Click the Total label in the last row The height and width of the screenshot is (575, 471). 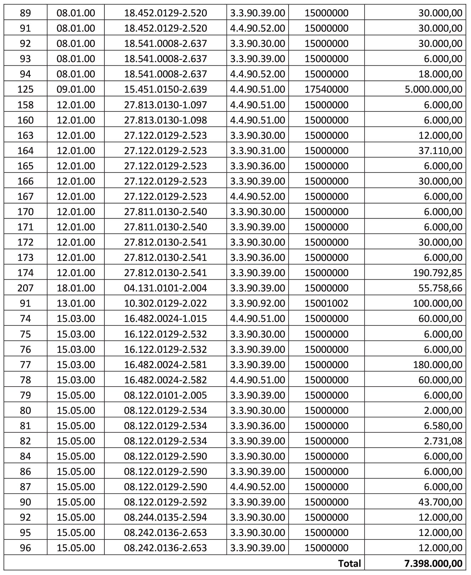349,563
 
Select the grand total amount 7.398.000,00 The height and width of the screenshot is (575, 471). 433,563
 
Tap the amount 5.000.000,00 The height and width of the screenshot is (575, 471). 433,89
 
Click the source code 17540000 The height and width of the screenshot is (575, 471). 326,89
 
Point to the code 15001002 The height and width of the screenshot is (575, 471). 326,303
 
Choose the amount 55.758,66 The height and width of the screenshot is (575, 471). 440,288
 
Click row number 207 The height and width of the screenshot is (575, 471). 25,288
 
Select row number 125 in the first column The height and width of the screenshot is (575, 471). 25,89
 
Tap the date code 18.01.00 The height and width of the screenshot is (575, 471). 76,288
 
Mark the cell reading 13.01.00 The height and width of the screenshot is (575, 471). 76,303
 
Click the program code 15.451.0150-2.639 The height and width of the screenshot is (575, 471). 165,89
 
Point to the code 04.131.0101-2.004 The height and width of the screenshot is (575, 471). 165,288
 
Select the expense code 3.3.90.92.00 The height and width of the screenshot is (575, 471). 257,303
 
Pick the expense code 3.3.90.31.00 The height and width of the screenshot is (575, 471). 257,150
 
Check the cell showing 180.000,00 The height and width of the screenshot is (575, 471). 438,365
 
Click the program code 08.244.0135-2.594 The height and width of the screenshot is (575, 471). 165,517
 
